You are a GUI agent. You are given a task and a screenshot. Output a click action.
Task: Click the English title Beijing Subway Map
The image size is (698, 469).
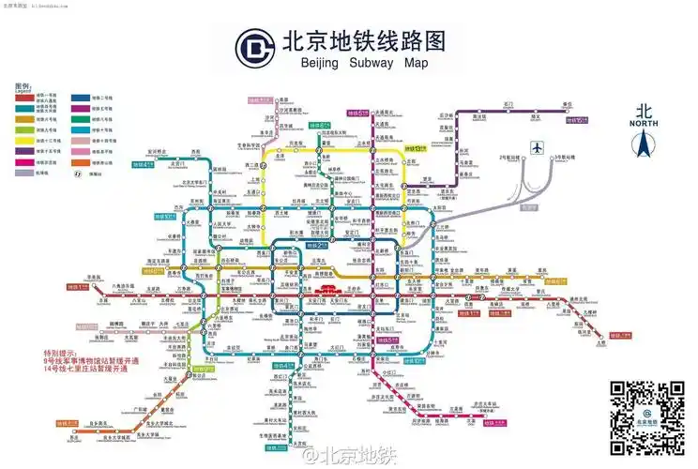coord(363,64)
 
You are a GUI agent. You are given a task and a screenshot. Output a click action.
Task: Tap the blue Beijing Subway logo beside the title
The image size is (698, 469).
coord(252,48)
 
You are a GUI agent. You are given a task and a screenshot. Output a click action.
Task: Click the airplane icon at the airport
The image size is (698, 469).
coord(537,147)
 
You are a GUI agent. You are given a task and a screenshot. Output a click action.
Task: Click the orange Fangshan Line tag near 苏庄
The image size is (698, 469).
coord(68,423)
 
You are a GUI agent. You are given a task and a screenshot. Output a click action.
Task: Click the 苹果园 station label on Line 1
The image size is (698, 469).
coord(93,278)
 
